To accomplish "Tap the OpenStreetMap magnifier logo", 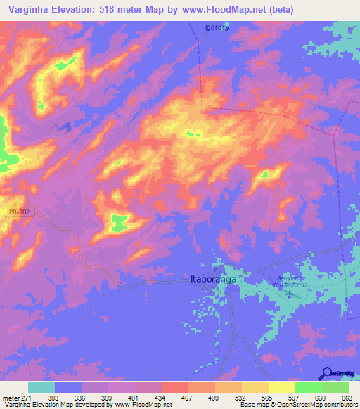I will coord(328,373).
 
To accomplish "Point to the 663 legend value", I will coord(345,398).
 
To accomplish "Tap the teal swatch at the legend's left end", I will coord(41,387).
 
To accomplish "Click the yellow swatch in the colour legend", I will coord(281,387).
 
